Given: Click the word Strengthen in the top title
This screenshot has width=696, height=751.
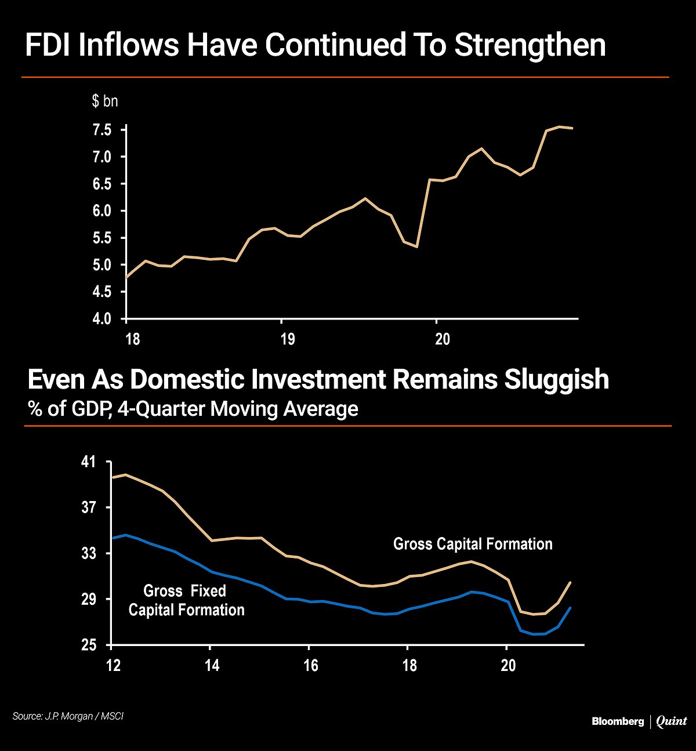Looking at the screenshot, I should coord(530,45).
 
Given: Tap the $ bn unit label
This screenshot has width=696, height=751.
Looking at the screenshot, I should coord(105,101).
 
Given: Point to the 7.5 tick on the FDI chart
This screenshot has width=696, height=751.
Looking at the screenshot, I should coord(102,130).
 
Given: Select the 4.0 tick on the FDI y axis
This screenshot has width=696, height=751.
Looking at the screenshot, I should coord(102,319).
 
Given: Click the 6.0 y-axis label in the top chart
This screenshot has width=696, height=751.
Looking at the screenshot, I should coord(102,211).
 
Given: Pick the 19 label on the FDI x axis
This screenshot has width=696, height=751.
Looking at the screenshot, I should coord(287,339).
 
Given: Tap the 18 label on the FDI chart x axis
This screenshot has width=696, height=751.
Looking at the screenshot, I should coord(133,339).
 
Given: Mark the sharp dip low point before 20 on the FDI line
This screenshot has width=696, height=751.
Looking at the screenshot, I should coord(416,246).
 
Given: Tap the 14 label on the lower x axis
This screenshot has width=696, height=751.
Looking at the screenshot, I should coord(212,665).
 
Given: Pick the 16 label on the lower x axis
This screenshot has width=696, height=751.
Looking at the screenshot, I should coord(311,665).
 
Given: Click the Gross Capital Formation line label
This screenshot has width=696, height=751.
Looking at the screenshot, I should coord(473,544).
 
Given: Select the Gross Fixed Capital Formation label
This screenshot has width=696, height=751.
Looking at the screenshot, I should coord(186,601).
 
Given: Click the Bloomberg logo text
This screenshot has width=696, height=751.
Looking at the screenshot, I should coord(618,721).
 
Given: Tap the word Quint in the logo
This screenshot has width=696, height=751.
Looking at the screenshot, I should coord(672,721).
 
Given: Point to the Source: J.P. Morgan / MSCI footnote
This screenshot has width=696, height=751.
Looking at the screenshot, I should coord(68,716).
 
